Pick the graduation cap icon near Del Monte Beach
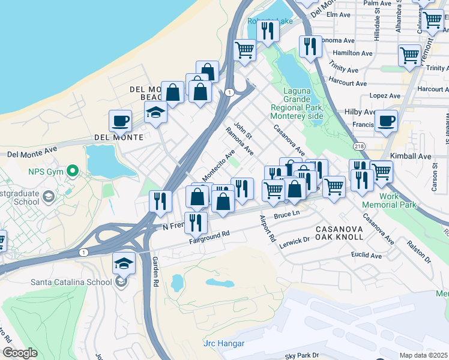155,112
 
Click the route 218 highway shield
359,146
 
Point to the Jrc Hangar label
224,343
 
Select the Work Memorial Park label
390,200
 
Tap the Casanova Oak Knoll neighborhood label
339,233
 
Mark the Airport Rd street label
267,229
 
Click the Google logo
20,353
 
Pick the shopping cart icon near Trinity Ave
409,55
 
